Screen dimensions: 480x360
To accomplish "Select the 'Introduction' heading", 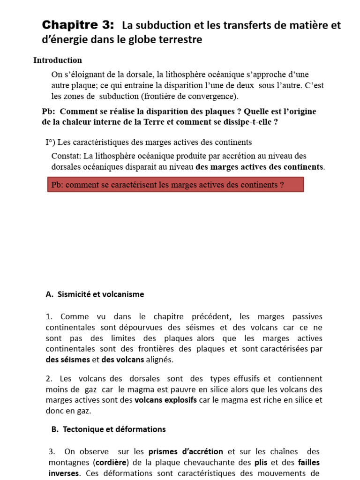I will point(58,60).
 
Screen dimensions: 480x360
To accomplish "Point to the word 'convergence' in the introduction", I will point(213,97).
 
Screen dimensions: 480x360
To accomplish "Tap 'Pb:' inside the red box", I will point(58,185).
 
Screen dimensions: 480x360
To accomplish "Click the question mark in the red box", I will point(282,185).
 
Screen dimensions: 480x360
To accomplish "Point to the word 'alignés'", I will point(159,360).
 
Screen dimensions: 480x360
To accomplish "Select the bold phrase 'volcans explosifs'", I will point(165,400).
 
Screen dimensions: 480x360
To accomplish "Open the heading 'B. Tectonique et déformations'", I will point(108,429).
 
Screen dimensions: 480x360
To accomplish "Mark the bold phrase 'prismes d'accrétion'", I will point(186,452).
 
